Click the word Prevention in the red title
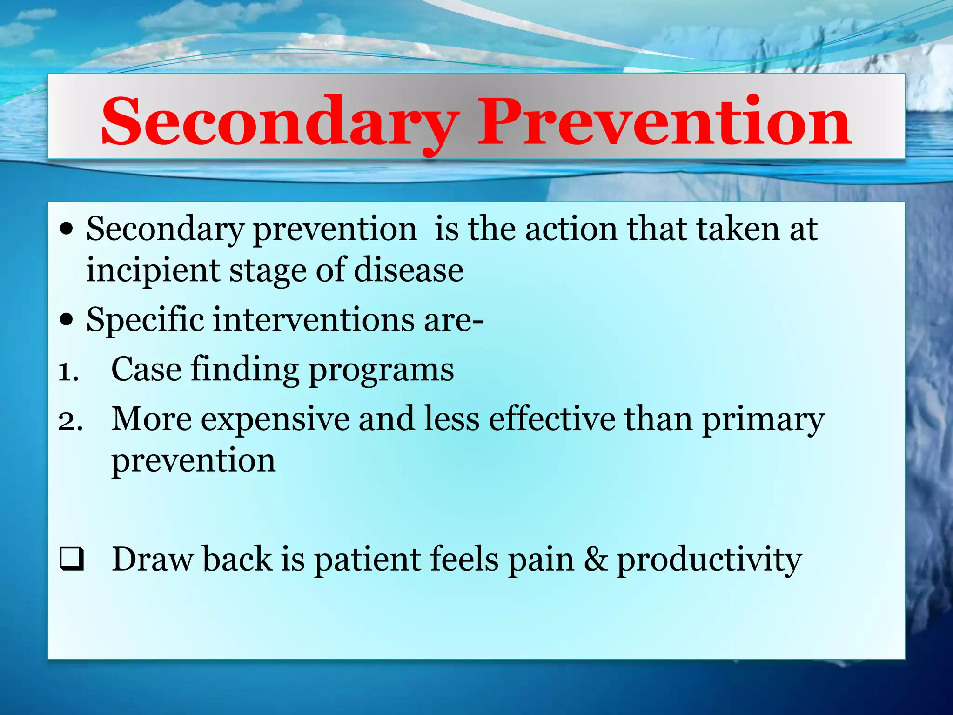664,122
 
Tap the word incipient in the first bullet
153,271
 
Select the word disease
408,271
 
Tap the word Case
146,370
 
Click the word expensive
275,420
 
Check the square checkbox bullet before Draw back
72,559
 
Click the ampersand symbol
596,559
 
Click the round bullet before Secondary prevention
67,229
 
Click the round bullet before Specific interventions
67,320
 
